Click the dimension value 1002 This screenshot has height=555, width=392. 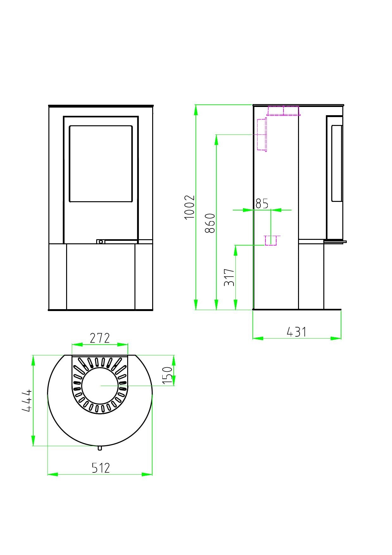coord(189,207)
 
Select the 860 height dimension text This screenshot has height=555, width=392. coord(210,223)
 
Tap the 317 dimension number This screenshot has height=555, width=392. coord(229,277)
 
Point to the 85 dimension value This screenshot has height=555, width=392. coord(262,203)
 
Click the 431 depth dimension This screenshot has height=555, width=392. coord(296,332)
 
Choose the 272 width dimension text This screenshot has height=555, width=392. coord(100,338)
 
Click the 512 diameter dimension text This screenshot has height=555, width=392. coord(101,468)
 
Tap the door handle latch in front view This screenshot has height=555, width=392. coord(101,242)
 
